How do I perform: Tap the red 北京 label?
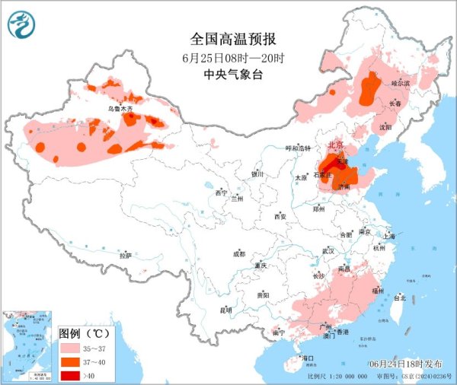[x=334, y=145]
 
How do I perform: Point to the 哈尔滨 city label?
[x=401, y=82]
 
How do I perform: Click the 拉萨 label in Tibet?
[x=125, y=256]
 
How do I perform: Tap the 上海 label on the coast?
[x=389, y=236]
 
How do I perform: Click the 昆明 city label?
[x=225, y=310]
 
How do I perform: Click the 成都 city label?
[x=239, y=253]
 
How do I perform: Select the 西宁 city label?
[x=222, y=193]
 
